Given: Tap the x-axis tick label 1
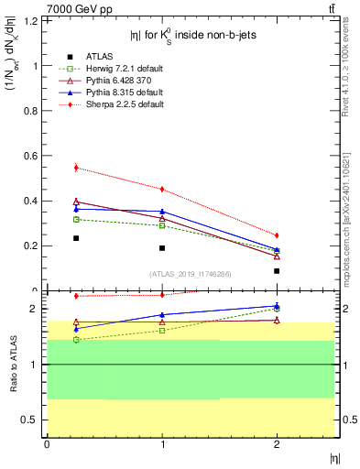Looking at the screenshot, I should point(162,444).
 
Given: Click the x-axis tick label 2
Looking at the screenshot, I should point(277,444).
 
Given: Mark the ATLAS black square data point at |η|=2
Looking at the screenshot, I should point(277,271).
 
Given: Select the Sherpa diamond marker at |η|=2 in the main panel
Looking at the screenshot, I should point(277,235).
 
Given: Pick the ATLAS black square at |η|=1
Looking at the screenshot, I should point(162,248).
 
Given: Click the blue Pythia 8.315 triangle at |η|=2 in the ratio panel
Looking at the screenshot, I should point(277,306).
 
